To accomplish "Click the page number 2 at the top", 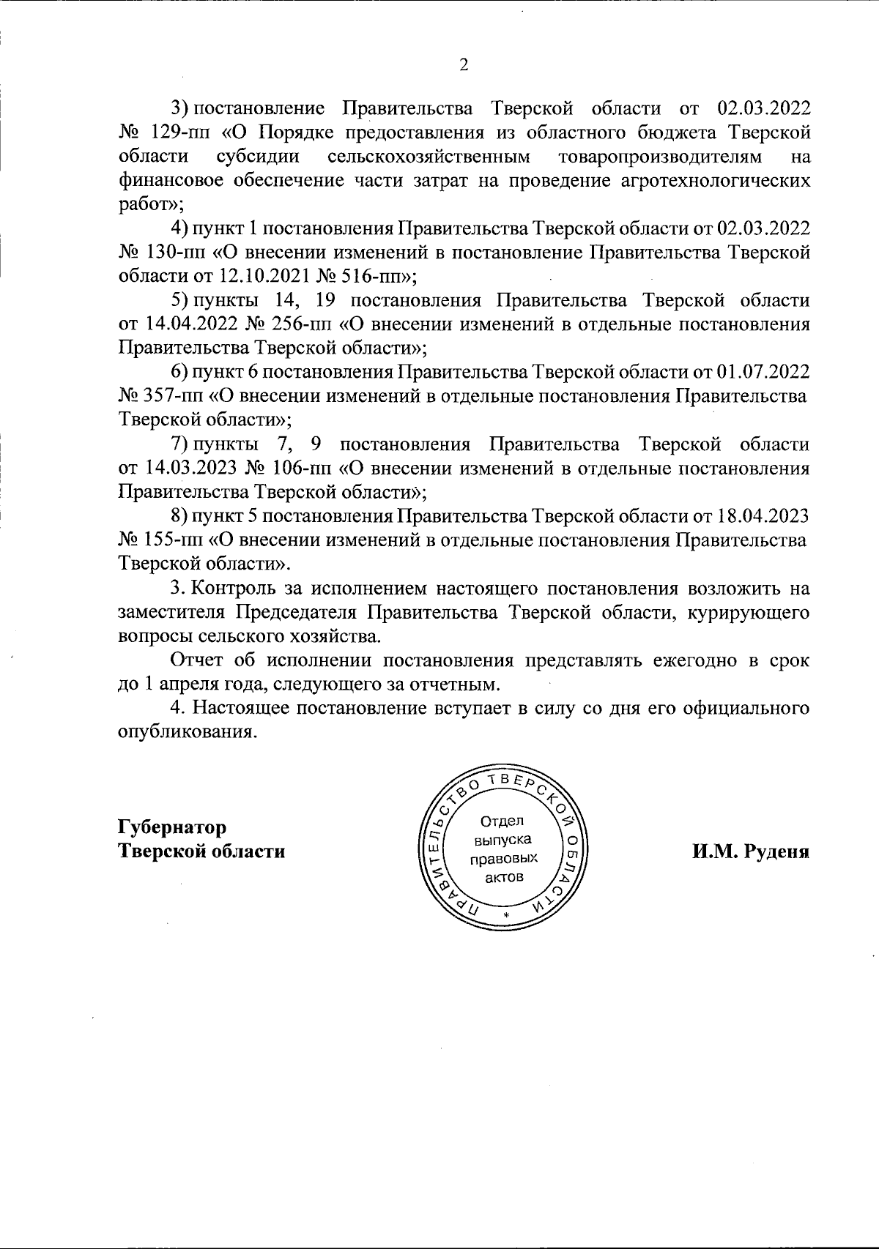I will [x=463, y=65].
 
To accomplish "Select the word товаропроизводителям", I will [x=659, y=156].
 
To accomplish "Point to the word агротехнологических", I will [x=710, y=180].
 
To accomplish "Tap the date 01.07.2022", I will [x=763, y=372].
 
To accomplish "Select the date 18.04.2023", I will [x=763, y=516].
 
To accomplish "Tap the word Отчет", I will [x=197, y=660].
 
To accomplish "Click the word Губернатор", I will [x=172, y=827].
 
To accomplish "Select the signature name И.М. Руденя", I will [x=751, y=851].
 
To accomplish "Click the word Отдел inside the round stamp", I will [x=503, y=820].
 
